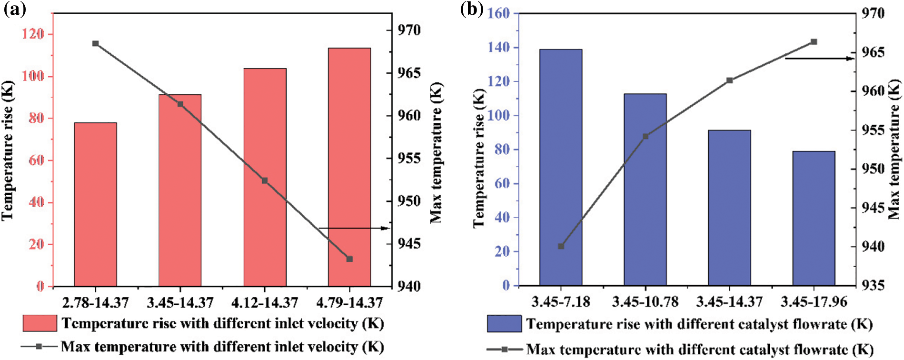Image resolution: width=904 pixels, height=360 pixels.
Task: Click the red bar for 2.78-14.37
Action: tap(95, 204)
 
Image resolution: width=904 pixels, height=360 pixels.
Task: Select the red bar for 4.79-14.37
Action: tap(349, 167)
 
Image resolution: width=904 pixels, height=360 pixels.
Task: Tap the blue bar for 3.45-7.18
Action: tap(561, 167)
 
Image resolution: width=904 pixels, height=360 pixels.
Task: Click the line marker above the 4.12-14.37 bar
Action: tap(265, 180)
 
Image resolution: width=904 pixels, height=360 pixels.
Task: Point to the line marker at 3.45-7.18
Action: tap(561, 246)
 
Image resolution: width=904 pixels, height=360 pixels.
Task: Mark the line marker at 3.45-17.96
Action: tap(814, 42)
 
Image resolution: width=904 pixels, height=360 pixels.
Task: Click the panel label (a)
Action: tap(15, 10)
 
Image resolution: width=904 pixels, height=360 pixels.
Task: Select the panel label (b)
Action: tap(472, 10)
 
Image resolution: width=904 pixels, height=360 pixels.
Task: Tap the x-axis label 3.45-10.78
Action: tap(645, 302)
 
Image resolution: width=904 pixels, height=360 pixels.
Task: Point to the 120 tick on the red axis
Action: tap(33, 34)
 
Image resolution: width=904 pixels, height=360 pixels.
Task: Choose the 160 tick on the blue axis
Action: tap(498, 13)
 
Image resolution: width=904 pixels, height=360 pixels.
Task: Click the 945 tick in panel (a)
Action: tap(409, 244)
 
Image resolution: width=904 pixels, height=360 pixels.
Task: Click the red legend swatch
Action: tap(40, 323)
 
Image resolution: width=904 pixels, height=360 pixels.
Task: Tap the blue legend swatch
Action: tap(504, 324)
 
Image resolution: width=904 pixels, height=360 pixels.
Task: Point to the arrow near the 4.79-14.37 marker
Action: tap(354, 228)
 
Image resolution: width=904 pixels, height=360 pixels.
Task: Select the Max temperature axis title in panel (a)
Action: tap(436, 152)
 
